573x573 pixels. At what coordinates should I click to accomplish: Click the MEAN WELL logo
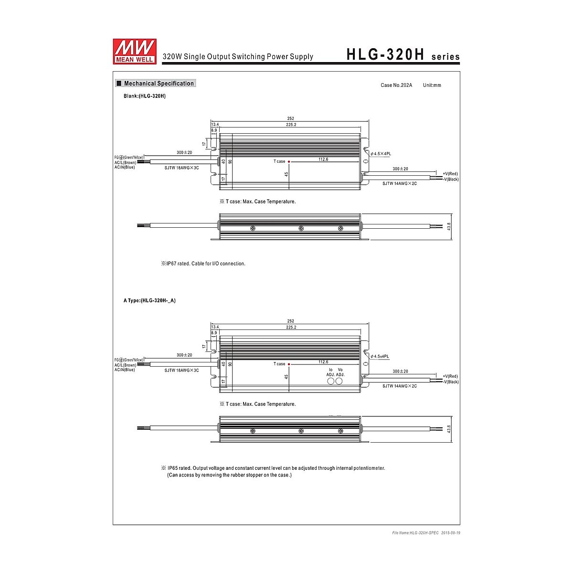tap(135, 52)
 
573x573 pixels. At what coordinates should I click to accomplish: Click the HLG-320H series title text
tap(403, 55)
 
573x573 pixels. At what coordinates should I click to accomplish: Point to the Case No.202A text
tap(396, 85)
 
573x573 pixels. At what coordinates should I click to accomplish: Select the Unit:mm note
tap(432, 85)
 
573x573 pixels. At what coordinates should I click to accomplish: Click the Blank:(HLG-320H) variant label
tap(145, 96)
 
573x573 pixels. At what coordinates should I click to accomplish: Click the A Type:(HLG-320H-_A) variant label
tap(149, 301)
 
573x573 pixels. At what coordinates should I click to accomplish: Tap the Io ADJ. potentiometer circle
tap(330, 381)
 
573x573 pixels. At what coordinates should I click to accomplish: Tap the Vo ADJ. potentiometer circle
tap(339, 381)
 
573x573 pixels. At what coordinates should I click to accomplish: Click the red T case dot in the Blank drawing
tap(289, 162)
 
